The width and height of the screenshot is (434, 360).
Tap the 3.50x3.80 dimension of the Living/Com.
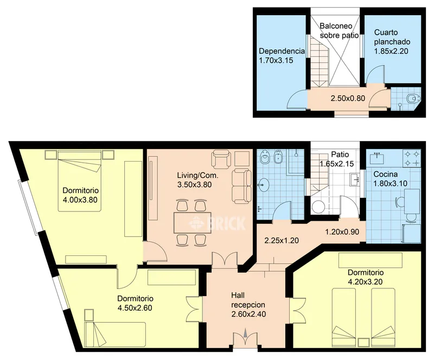click(x=194, y=184)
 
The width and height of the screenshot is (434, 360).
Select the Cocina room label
click(x=386, y=175)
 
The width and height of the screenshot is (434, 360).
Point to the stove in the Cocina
click(x=412, y=158)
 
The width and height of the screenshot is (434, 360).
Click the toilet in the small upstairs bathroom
click(x=413, y=98)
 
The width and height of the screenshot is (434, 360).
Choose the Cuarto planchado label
click(x=392, y=37)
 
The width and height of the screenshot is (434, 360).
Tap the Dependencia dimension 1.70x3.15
click(x=276, y=60)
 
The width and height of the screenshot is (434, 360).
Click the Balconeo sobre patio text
click(x=339, y=30)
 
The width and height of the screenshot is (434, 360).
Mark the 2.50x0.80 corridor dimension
click(x=348, y=98)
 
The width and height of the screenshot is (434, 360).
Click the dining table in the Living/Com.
click(x=193, y=222)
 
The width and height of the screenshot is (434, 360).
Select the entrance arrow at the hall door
click(x=246, y=332)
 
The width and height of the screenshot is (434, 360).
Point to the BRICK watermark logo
click(x=218, y=223)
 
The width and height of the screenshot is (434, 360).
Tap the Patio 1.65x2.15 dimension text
click(x=337, y=164)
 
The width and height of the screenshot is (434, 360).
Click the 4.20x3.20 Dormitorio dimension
click(x=365, y=282)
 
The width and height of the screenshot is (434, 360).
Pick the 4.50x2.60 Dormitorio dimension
click(x=135, y=308)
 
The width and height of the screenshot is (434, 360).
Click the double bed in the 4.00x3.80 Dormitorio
click(x=79, y=181)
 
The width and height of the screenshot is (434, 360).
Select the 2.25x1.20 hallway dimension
click(x=282, y=241)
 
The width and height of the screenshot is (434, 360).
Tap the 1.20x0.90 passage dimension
click(x=342, y=232)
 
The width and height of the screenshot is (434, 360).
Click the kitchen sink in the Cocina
click(x=377, y=158)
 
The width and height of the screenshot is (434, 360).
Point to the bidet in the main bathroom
click(x=277, y=158)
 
